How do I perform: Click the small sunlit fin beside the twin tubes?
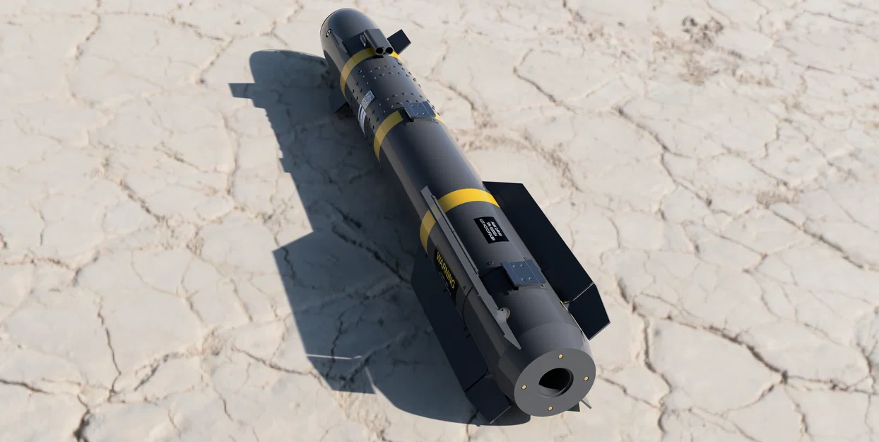tap(400, 42)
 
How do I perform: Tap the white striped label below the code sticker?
tap(362, 121)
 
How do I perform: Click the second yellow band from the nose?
tap(387, 132)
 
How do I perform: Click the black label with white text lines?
tap(490, 229)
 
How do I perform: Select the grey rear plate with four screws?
tap(522, 272)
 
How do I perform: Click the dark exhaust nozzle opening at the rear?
tap(555, 382)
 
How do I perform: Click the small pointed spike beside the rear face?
tap(586, 402)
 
